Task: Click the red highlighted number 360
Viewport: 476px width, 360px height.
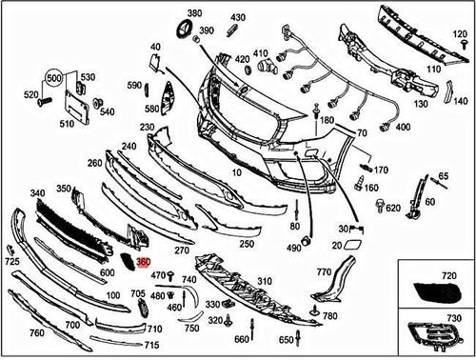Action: click(143, 260)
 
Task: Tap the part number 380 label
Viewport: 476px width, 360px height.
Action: click(194, 13)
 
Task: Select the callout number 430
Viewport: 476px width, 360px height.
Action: click(237, 17)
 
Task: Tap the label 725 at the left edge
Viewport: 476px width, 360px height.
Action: click(11, 260)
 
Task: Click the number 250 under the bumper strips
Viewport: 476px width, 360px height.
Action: click(247, 244)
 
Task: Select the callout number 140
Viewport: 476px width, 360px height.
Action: click(461, 100)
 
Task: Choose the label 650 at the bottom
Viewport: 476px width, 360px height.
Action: click(287, 340)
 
